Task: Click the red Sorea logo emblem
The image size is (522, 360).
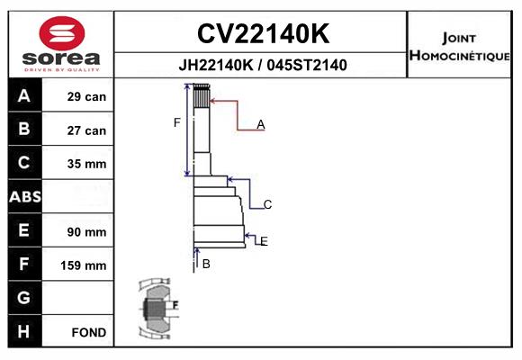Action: coord(62,33)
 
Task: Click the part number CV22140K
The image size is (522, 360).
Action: coord(264,33)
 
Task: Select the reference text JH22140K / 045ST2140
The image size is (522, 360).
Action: coord(263,65)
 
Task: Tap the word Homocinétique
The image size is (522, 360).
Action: coord(459,56)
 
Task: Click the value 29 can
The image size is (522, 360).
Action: coord(86,96)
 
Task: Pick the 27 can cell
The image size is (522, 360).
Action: coord(86,130)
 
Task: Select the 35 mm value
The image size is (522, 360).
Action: coord(86,164)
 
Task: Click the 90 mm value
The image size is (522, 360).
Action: coord(86,232)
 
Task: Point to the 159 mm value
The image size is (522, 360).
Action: coord(84,265)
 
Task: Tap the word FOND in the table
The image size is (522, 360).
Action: coord(89,332)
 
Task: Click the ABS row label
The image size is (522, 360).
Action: coord(25,196)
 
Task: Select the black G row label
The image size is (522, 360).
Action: coord(23,297)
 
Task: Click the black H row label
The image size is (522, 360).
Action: coord(23,331)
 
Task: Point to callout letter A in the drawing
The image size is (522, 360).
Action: coord(261,124)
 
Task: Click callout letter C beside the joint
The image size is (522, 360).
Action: coord(267,204)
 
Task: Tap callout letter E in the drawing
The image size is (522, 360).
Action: coord(264,241)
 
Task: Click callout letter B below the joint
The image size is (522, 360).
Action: coord(206,264)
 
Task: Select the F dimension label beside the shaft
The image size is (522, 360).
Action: coord(176,123)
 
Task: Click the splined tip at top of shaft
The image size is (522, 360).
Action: coord(202,96)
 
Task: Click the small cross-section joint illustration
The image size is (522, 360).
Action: coord(158,309)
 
